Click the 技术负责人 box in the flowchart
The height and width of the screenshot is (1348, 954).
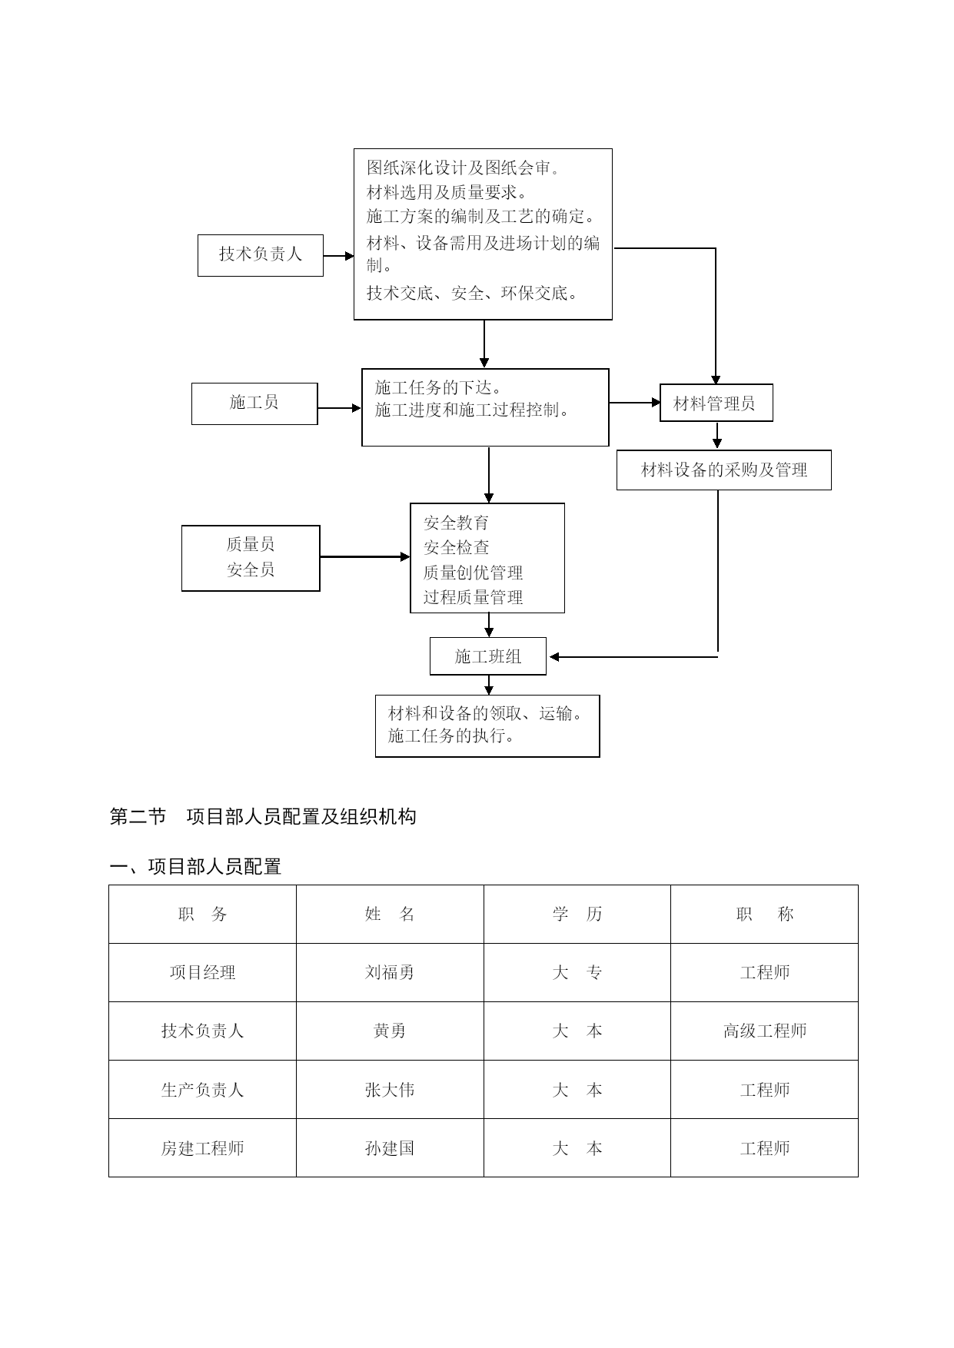pyautogui.click(x=261, y=255)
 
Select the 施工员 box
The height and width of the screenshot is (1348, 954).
pyautogui.click(x=254, y=403)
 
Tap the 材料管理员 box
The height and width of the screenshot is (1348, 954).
pyautogui.click(x=716, y=403)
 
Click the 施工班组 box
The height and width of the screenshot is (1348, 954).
pyautogui.click(x=488, y=656)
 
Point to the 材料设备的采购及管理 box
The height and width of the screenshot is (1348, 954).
pyautogui.click(x=724, y=470)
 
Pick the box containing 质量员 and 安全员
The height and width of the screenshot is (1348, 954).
pyautogui.click(x=251, y=558)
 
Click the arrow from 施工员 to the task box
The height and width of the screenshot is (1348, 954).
pyautogui.click(x=340, y=408)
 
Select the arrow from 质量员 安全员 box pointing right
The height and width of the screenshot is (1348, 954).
pyautogui.click(x=365, y=556)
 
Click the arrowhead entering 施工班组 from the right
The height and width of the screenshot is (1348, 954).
pyautogui.click(x=554, y=657)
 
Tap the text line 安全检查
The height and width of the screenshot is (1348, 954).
pyautogui.click(x=457, y=547)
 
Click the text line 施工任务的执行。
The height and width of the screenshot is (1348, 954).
pyautogui.click(x=452, y=735)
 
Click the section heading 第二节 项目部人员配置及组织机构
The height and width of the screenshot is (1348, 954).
pyautogui.click(x=263, y=816)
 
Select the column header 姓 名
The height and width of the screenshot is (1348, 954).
pyautogui.click(x=390, y=914)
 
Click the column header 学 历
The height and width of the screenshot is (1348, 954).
pyautogui.click(x=577, y=914)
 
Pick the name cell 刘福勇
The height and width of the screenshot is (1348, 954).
pyautogui.click(x=390, y=972)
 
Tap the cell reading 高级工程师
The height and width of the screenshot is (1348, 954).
pyautogui.click(x=765, y=1031)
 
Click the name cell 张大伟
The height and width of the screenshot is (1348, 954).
pyautogui.click(x=390, y=1090)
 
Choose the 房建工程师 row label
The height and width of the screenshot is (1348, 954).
pyautogui.click(x=202, y=1148)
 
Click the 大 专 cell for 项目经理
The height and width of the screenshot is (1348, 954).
pyautogui.click(x=577, y=972)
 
